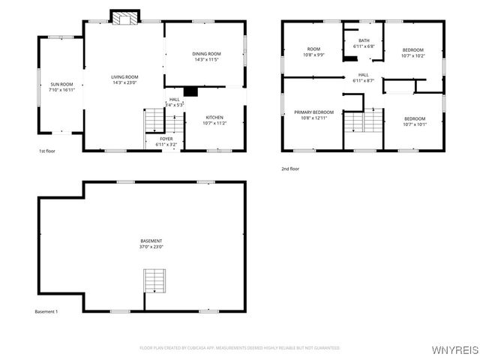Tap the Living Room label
pos(125,76)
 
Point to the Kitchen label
pos(215,118)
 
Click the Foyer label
pos(166,139)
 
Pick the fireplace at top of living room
pos(124,18)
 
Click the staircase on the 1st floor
pos(154,118)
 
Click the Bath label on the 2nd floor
pos(364,40)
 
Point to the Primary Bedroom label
pos(313,112)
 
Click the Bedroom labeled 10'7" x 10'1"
pos(414,118)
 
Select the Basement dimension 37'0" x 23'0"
pos(151,247)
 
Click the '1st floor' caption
pos(47,151)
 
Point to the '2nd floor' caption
pos(290,169)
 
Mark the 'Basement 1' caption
pos(46,311)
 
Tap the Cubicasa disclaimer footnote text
pos(239,348)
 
